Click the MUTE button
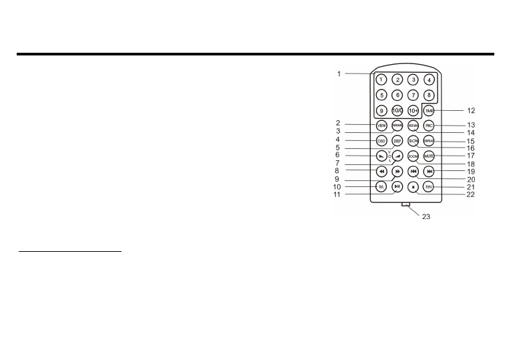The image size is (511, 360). (x=429, y=156)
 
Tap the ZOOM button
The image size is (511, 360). (x=413, y=156)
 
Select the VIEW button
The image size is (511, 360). (x=381, y=125)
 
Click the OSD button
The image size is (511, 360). (x=381, y=141)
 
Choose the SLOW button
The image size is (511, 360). (x=413, y=141)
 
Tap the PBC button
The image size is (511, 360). (x=429, y=125)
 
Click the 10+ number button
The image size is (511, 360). (x=413, y=110)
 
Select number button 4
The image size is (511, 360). (x=429, y=79)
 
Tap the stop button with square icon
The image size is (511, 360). (x=413, y=187)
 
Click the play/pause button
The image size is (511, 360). (x=397, y=187)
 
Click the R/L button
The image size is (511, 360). (x=381, y=187)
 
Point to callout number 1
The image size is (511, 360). (x=339, y=73)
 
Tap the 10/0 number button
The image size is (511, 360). (x=397, y=110)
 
